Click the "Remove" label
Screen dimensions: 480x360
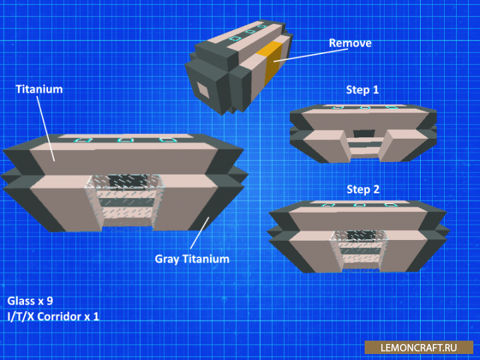tap(350, 43)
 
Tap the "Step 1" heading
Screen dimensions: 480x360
tap(363, 90)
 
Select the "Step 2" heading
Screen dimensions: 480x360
tap(363, 189)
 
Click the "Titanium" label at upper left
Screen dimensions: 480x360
tap(39, 89)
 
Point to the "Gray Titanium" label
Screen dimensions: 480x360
tap(192, 259)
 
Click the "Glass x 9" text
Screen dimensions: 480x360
tap(30, 301)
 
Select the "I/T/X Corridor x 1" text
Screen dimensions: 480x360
tap(53, 317)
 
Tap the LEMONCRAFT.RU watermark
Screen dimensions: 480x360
tap(419, 348)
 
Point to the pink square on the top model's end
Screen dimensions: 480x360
tap(203, 90)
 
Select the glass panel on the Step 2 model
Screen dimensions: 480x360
tap(359, 249)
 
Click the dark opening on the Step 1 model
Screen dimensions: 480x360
tap(364, 133)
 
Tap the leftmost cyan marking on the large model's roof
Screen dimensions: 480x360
tap(83, 140)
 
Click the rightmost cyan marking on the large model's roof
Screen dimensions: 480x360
tap(168, 140)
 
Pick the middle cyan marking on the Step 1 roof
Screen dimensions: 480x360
tap(365, 107)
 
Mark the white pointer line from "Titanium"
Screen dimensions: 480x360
tap(45, 129)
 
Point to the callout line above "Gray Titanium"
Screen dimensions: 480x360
tap(199, 233)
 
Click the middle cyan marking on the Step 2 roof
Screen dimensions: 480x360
tap(359, 205)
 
